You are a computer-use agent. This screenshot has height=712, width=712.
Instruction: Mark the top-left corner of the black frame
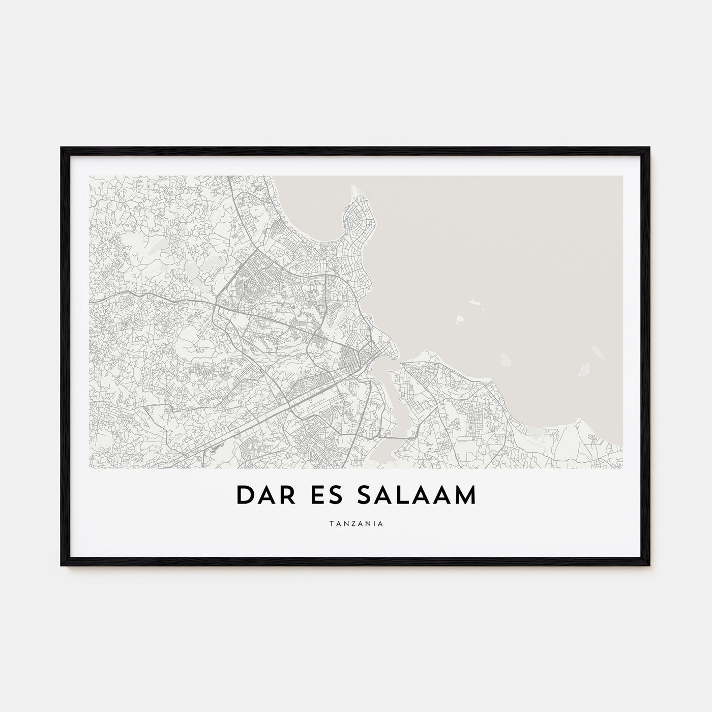pos(62,149)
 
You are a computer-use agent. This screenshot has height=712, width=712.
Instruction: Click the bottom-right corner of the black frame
pos(649,565)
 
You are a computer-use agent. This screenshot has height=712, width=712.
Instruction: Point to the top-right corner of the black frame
pos(649,149)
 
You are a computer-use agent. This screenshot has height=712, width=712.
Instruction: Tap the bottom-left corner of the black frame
pos(62,565)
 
